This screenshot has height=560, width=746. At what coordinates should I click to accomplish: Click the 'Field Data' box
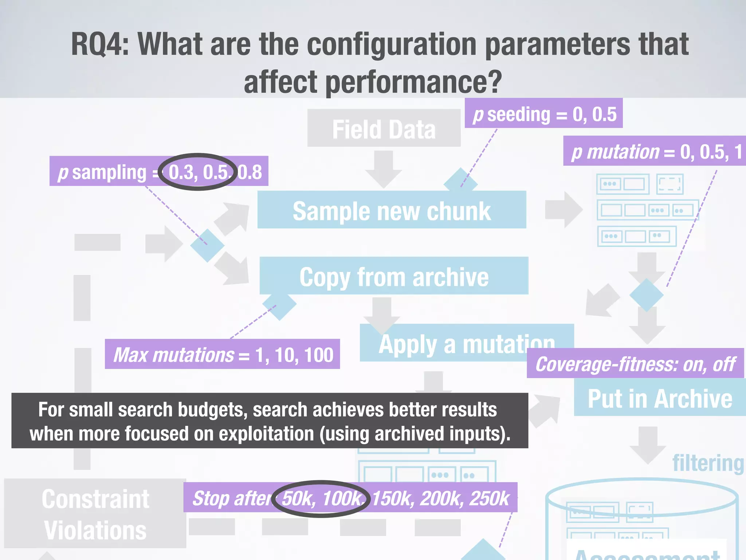[x=384, y=128]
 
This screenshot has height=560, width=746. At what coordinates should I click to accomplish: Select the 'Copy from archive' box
[x=394, y=276]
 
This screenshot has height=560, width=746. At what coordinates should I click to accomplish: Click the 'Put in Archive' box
[x=660, y=398]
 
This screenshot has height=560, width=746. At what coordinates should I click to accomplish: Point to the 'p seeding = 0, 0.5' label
[x=543, y=114]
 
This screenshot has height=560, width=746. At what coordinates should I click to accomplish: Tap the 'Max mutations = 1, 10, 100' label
[x=222, y=354]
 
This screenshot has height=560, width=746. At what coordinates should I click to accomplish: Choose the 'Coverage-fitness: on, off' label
[x=635, y=363]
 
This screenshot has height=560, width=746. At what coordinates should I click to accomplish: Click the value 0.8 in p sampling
[x=250, y=172]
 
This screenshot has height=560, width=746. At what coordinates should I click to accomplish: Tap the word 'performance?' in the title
[x=414, y=82]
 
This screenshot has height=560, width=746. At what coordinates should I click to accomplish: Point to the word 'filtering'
[x=708, y=463]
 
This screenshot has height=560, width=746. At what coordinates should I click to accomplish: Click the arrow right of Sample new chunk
[x=564, y=210]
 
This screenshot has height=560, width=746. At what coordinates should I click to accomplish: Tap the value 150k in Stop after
[x=393, y=498]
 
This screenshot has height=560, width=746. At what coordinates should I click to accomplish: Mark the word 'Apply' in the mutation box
[x=408, y=345]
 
